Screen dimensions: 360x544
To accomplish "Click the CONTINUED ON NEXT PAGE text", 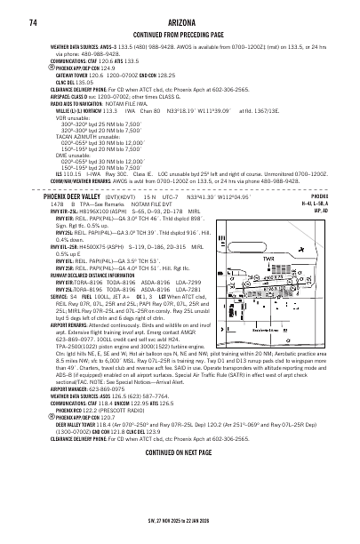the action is click(x=180, y=500).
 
